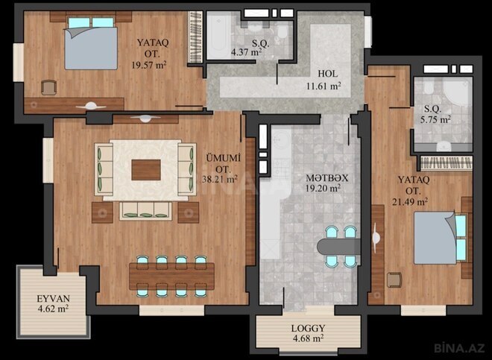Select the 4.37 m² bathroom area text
coord(246,53)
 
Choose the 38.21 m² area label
coord(221,179)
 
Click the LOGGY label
coord(307,327)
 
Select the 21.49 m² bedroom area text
coord(412,201)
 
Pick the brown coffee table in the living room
coord(145,170)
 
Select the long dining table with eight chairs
coord(171,275)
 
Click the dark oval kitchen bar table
coord(339,245)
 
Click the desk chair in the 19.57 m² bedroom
coord(48,86)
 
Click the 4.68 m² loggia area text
coord(308,338)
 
